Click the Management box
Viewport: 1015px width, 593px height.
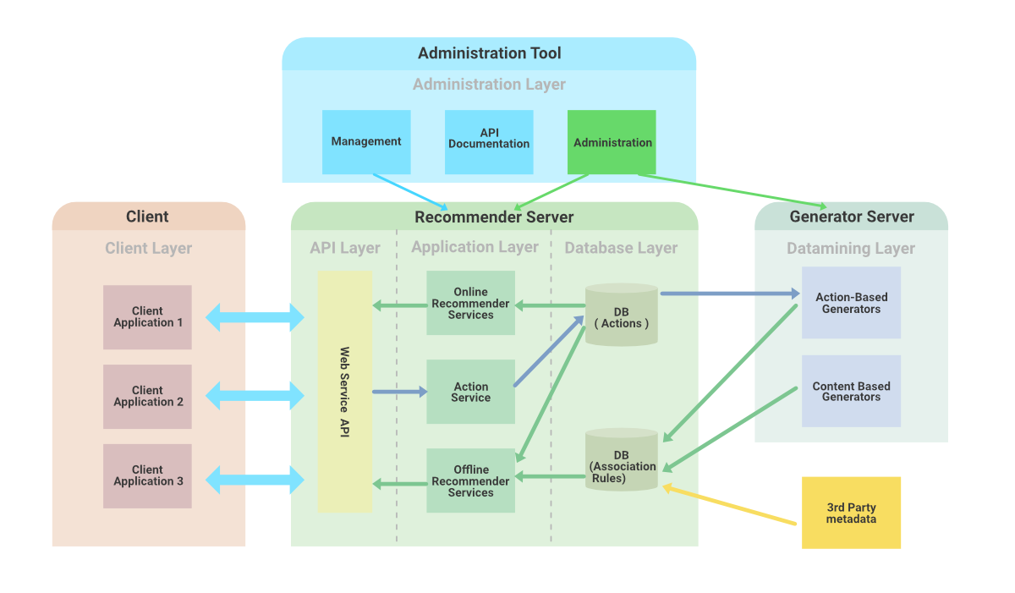[x=366, y=142]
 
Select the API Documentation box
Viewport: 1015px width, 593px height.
[x=489, y=142]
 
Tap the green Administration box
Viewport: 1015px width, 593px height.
[x=612, y=142]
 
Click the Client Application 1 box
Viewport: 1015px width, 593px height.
[x=148, y=317]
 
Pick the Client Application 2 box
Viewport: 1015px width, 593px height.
[x=148, y=397]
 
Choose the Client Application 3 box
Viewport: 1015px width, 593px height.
[x=148, y=476]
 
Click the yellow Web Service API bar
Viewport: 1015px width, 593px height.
[x=344, y=392]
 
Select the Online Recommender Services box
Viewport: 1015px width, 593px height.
[x=470, y=303]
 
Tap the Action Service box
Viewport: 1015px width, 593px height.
[x=470, y=392]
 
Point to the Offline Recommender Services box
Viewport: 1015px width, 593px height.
[x=470, y=480]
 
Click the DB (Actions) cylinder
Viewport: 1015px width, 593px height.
[x=621, y=316]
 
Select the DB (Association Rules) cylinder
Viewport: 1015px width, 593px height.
[x=621, y=462]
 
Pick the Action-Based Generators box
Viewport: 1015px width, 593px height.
[x=851, y=303]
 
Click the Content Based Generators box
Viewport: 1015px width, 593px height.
[x=851, y=391]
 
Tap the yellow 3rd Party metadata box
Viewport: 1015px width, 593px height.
[x=851, y=513]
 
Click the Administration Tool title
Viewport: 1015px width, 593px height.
[x=489, y=53]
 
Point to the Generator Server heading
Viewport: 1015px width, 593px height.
[x=852, y=217]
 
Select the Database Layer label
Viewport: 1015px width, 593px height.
[x=621, y=248]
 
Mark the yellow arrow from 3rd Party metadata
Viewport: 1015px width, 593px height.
[x=731, y=505]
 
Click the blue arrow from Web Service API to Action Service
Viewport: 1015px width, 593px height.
[x=399, y=392]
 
